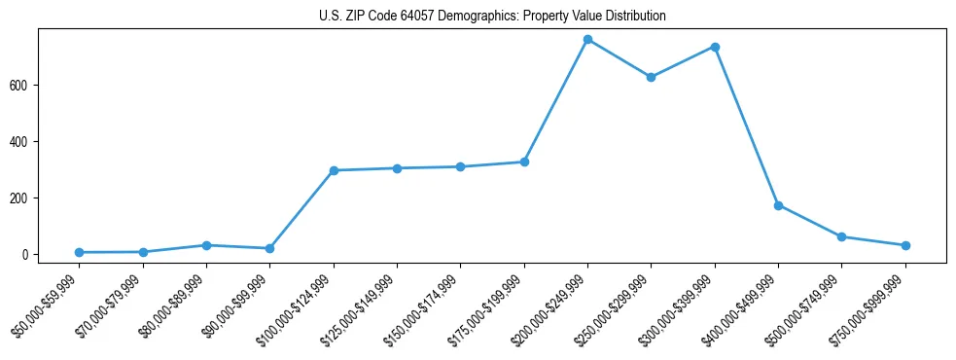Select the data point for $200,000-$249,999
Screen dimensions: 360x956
[x=587, y=40]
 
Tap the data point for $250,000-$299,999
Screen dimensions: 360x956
[x=652, y=77]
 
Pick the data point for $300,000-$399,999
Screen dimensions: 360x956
[x=715, y=47]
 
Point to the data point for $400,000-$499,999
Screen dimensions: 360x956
[x=778, y=205]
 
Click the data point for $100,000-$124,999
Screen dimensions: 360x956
[x=334, y=170]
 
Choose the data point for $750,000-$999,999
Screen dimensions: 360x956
[x=905, y=245]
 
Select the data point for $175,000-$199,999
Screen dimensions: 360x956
[x=524, y=162]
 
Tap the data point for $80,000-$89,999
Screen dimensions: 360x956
[x=206, y=245]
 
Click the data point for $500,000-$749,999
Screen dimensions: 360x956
[x=842, y=236]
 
